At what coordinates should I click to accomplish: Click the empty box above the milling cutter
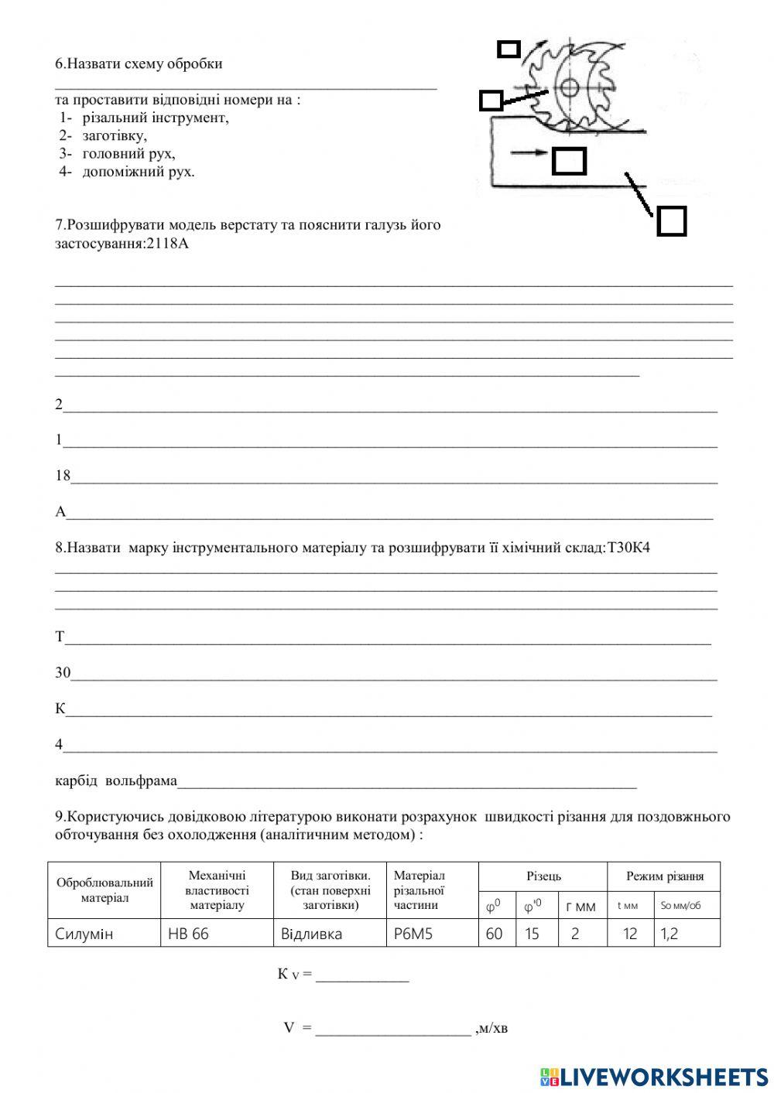pos(509,50)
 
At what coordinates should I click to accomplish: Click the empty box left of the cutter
pos(490,101)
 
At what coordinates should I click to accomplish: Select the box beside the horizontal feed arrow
pos(569,161)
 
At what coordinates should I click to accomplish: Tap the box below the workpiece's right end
pos(671,221)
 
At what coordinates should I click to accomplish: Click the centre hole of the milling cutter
pos(570,87)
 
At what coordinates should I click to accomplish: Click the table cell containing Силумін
pos(84,934)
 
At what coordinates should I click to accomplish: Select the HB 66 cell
pos(188,934)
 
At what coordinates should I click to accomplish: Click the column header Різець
pos(543,876)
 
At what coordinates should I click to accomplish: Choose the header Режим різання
pos(664,876)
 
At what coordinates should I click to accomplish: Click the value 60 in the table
pos(494,934)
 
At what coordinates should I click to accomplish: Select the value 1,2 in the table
pos(670,934)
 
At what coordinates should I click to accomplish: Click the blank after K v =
pos(361,975)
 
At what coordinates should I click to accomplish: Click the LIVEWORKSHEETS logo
pos(654,1076)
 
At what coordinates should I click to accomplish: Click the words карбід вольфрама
pos(116,780)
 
